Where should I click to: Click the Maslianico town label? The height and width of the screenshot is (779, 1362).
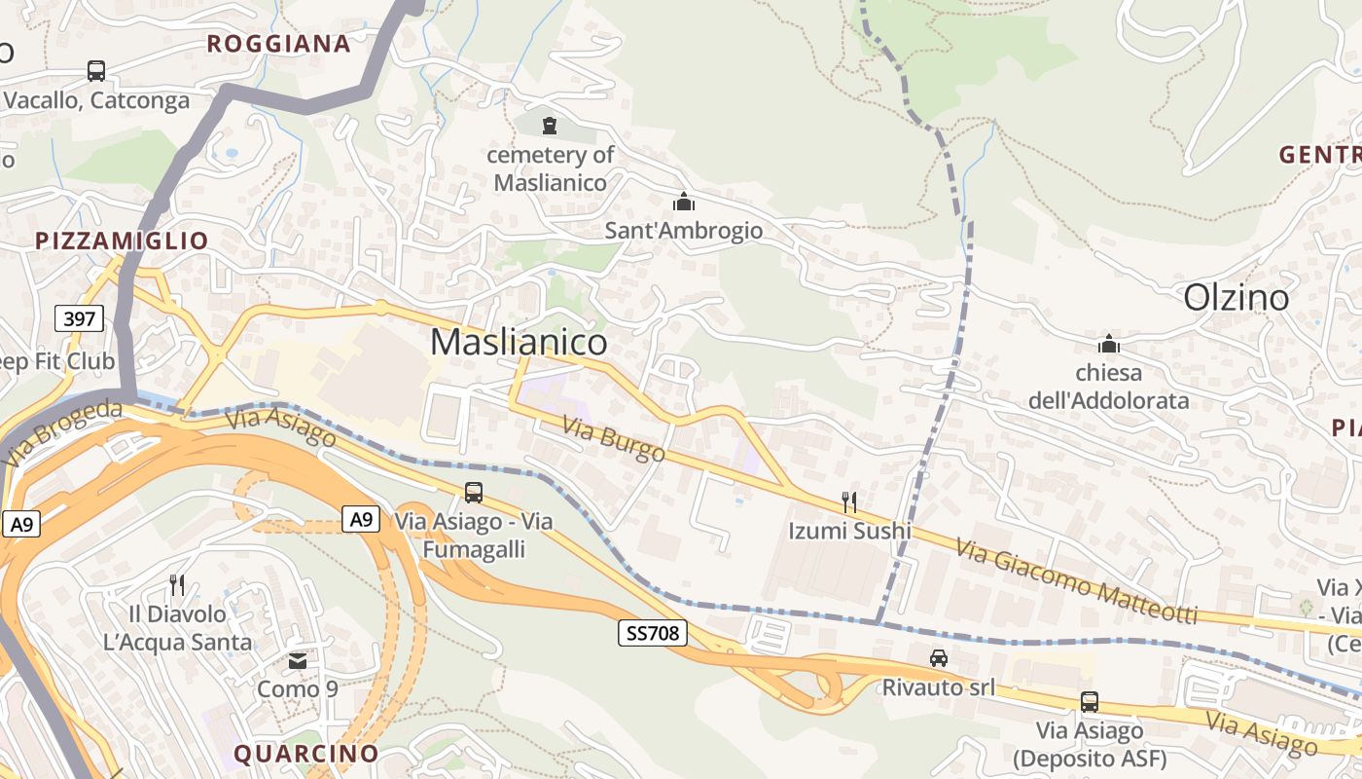coord(519,342)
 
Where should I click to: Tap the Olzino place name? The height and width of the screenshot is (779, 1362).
coord(1236,298)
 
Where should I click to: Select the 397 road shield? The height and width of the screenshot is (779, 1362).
coord(79,318)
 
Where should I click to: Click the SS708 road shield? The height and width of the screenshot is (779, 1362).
coord(653,634)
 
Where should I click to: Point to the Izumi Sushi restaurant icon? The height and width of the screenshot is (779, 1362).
coord(850,502)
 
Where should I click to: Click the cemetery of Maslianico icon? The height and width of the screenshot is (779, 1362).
coord(550,126)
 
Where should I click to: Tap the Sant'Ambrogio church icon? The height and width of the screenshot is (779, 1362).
coord(684,202)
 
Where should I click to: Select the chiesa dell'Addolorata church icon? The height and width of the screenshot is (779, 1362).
coord(1108,344)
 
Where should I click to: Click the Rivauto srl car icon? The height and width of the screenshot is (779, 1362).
coord(938,658)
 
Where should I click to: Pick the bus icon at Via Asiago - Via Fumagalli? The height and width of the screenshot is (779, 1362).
coord(474,493)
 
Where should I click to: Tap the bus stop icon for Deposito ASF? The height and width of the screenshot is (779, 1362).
coord(1090,701)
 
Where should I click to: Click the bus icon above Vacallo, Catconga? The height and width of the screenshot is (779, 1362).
coord(95,71)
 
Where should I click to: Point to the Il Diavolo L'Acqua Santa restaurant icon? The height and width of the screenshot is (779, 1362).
coord(177,584)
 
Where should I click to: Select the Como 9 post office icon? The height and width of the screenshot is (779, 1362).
coord(298,661)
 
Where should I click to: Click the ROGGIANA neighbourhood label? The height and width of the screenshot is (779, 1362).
coord(278,44)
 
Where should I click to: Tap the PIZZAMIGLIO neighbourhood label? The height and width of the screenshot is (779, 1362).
coord(122,241)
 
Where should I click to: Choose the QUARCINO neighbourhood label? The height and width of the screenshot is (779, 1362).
coord(305,753)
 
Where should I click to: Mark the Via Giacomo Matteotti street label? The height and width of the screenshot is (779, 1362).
coord(1076,581)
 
